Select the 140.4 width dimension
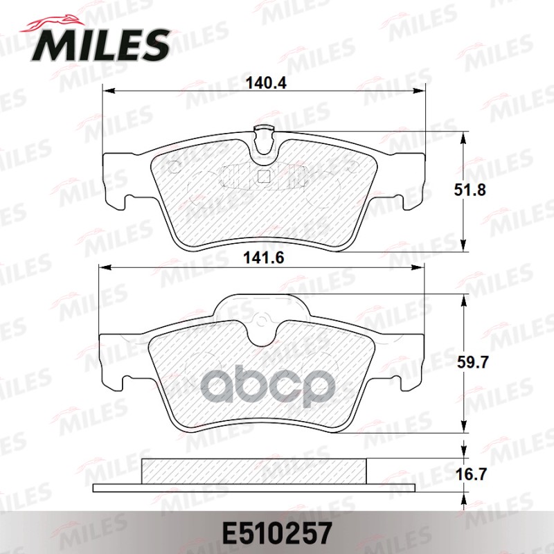(266, 84)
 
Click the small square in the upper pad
(263, 176)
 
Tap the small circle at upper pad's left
(175, 166)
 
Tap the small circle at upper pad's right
(352, 166)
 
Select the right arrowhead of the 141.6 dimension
(422, 269)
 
